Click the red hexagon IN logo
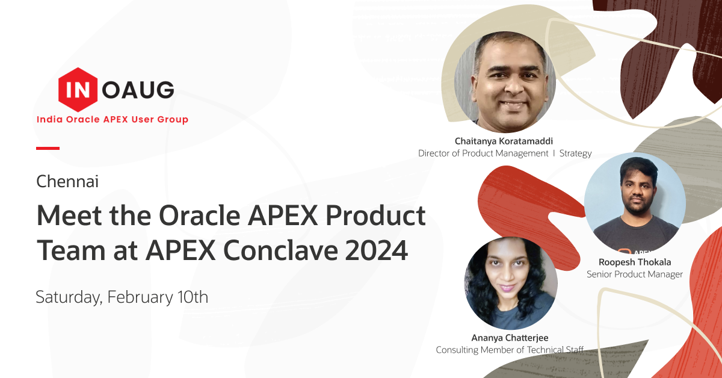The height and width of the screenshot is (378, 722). pyautogui.click(x=78, y=90)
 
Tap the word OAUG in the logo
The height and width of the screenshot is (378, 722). pyautogui.click(x=138, y=90)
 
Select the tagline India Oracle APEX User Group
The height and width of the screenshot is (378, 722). pyautogui.click(x=113, y=119)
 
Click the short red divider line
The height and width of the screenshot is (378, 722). pyautogui.click(x=48, y=148)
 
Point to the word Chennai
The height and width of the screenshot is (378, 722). pyautogui.click(x=67, y=181)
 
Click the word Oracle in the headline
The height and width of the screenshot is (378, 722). pyautogui.click(x=200, y=215)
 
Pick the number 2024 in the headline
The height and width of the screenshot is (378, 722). pyautogui.click(x=376, y=250)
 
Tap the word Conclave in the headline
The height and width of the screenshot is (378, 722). pyautogui.click(x=280, y=250)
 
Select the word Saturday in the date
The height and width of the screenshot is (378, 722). pyautogui.click(x=69, y=297)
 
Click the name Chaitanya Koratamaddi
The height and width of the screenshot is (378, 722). pyautogui.click(x=504, y=141)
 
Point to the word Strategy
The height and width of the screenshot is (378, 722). pyautogui.click(x=575, y=153)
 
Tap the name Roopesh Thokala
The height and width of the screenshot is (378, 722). pyautogui.click(x=635, y=262)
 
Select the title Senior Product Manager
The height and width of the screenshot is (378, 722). pyautogui.click(x=635, y=274)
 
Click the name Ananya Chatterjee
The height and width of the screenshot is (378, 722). pyautogui.click(x=510, y=338)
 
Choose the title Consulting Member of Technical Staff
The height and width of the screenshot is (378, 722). pyautogui.click(x=510, y=350)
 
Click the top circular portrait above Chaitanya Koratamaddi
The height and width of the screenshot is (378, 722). pyautogui.click(x=505, y=82)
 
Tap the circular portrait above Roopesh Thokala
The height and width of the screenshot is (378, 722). pyautogui.click(x=635, y=203)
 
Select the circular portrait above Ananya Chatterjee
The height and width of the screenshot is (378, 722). pyautogui.click(x=511, y=283)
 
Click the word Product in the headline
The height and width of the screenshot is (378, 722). pyautogui.click(x=375, y=215)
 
